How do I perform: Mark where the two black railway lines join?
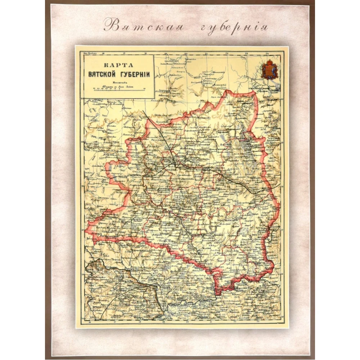175,165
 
